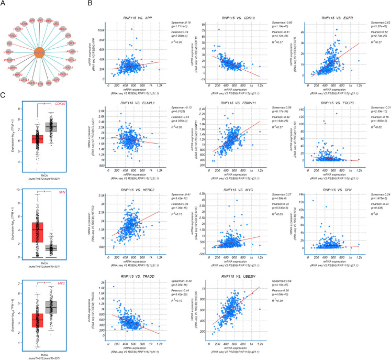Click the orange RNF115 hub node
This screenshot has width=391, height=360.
40,52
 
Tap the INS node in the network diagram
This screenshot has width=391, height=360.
9,44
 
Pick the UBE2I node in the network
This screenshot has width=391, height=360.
63,28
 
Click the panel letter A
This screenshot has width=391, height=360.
3,4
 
